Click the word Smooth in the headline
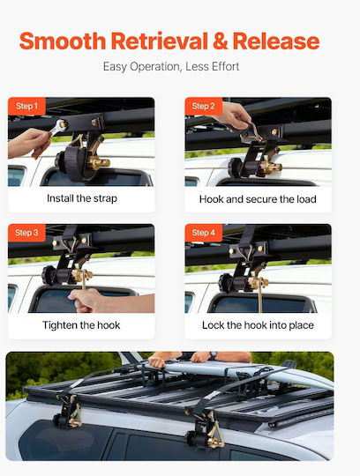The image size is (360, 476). [63, 41]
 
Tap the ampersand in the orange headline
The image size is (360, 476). [221, 41]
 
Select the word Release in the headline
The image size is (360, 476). [276, 41]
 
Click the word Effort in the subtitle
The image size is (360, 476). [225, 66]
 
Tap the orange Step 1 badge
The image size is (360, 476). [26, 106]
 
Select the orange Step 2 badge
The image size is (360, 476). [204, 106]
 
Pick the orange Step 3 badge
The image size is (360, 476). [26, 233]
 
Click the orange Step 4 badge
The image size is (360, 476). [204, 233]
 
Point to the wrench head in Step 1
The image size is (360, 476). [61, 125]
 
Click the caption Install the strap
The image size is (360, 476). [82, 198]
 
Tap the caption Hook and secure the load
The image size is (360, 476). [258, 199]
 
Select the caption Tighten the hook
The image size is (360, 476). [81, 325]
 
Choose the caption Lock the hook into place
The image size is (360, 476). [258, 325]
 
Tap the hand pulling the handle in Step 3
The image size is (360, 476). [88, 300]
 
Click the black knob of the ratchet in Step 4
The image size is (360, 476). [225, 282]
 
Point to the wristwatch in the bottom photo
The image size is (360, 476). [214, 354]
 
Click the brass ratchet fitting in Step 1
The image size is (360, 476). [100, 163]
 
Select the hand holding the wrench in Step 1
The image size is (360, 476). [28, 143]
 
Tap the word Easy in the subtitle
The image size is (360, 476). [115, 67]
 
